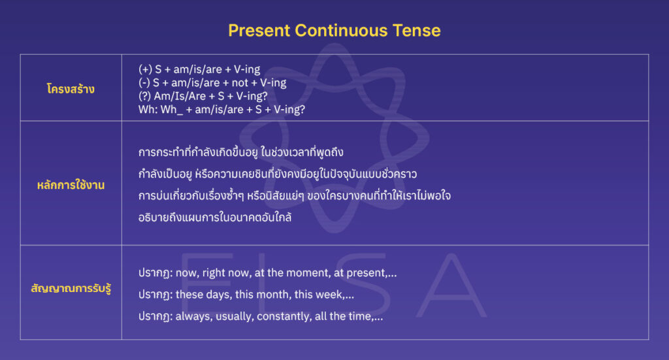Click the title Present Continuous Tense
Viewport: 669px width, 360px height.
(x=334, y=30)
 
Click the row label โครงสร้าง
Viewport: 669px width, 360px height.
(x=71, y=89)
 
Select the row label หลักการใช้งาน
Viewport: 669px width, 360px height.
(x=71, y=185)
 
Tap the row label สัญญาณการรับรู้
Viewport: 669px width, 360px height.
(x=71, y=287)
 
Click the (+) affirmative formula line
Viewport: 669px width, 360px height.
(x=199, y=69)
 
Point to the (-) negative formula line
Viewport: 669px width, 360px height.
(x=212, y=83)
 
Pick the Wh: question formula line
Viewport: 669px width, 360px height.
(x=222, y=109)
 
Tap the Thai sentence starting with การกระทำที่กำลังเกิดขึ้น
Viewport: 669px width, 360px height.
(x=241, y=152)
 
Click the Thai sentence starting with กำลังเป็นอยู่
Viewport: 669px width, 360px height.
(x=278, y=174)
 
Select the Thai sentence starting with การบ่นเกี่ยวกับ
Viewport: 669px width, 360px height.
(x=295, y=195)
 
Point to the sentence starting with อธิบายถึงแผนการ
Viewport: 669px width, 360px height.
(x=215, y=217)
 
